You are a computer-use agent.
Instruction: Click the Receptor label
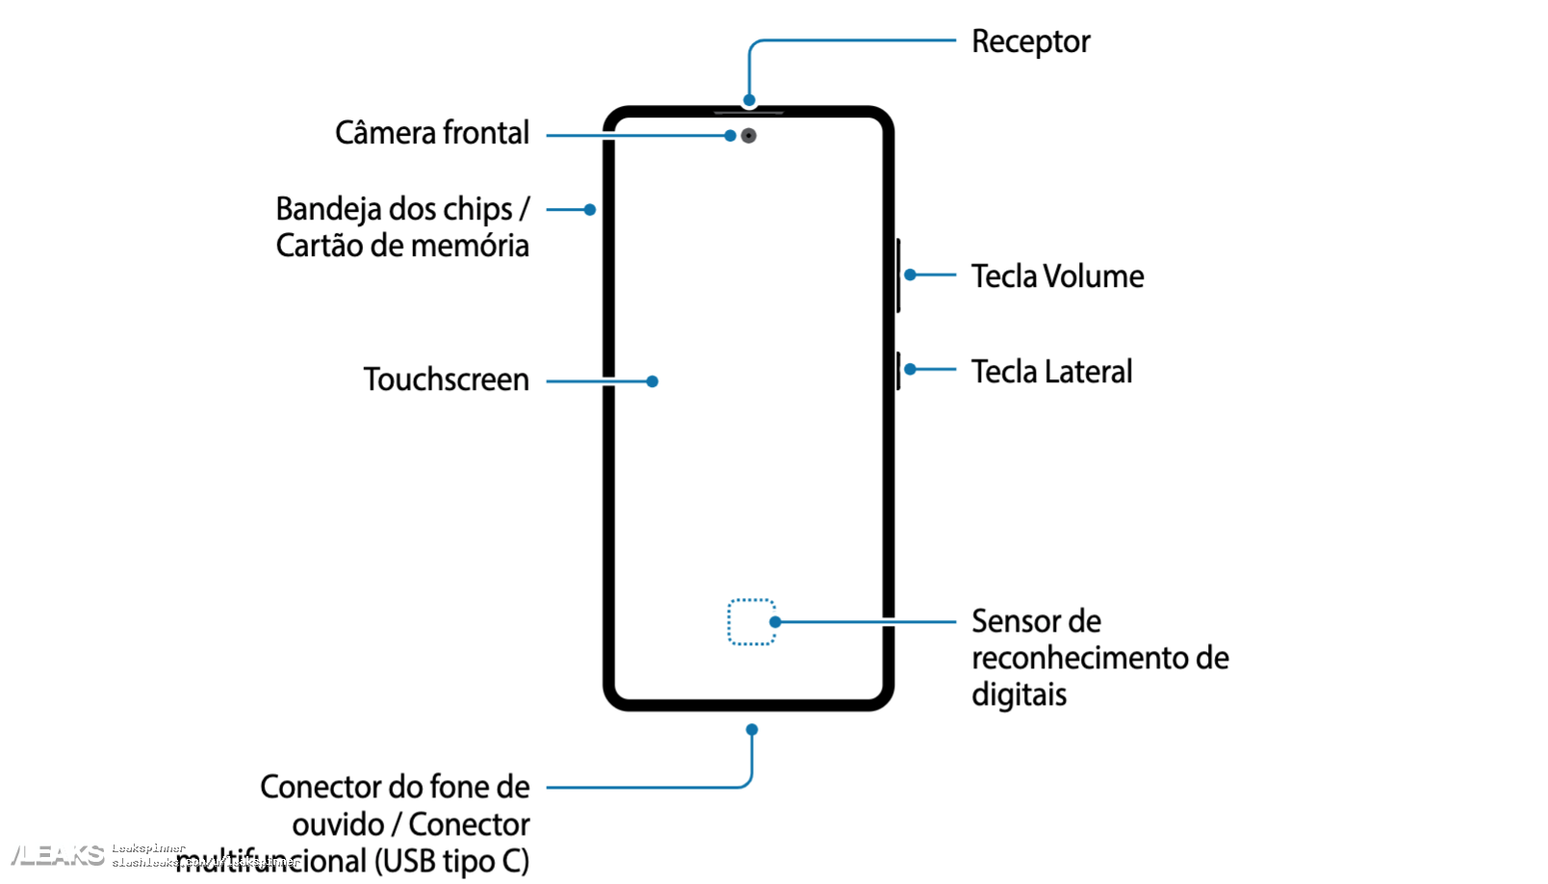tap(1030, 42)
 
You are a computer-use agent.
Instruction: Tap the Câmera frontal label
tap(431, 133)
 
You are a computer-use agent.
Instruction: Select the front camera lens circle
tap(749, 136)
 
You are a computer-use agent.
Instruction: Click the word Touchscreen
tap(446, 379)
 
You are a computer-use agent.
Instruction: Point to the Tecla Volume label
tap(1057, 276)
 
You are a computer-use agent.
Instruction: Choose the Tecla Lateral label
tap(1051, 372)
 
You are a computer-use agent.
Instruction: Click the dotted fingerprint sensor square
tap(751, 622)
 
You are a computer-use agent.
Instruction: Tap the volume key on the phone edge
tap(898, 275)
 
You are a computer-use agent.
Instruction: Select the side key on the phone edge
tap(898, 371)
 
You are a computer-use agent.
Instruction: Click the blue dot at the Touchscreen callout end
tap(653, 381)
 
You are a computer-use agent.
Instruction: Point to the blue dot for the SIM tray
tap(590, 210)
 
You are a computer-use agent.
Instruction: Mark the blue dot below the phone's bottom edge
tap(752, 730)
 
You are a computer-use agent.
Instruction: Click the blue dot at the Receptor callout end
tap(749, 100)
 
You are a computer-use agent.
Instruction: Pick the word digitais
tap(1019, 695)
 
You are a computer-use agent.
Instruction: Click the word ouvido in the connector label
tap(338, 825)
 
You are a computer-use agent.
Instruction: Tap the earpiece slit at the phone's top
tap(749, 113)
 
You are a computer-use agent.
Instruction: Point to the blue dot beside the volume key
tap(910, 275)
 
